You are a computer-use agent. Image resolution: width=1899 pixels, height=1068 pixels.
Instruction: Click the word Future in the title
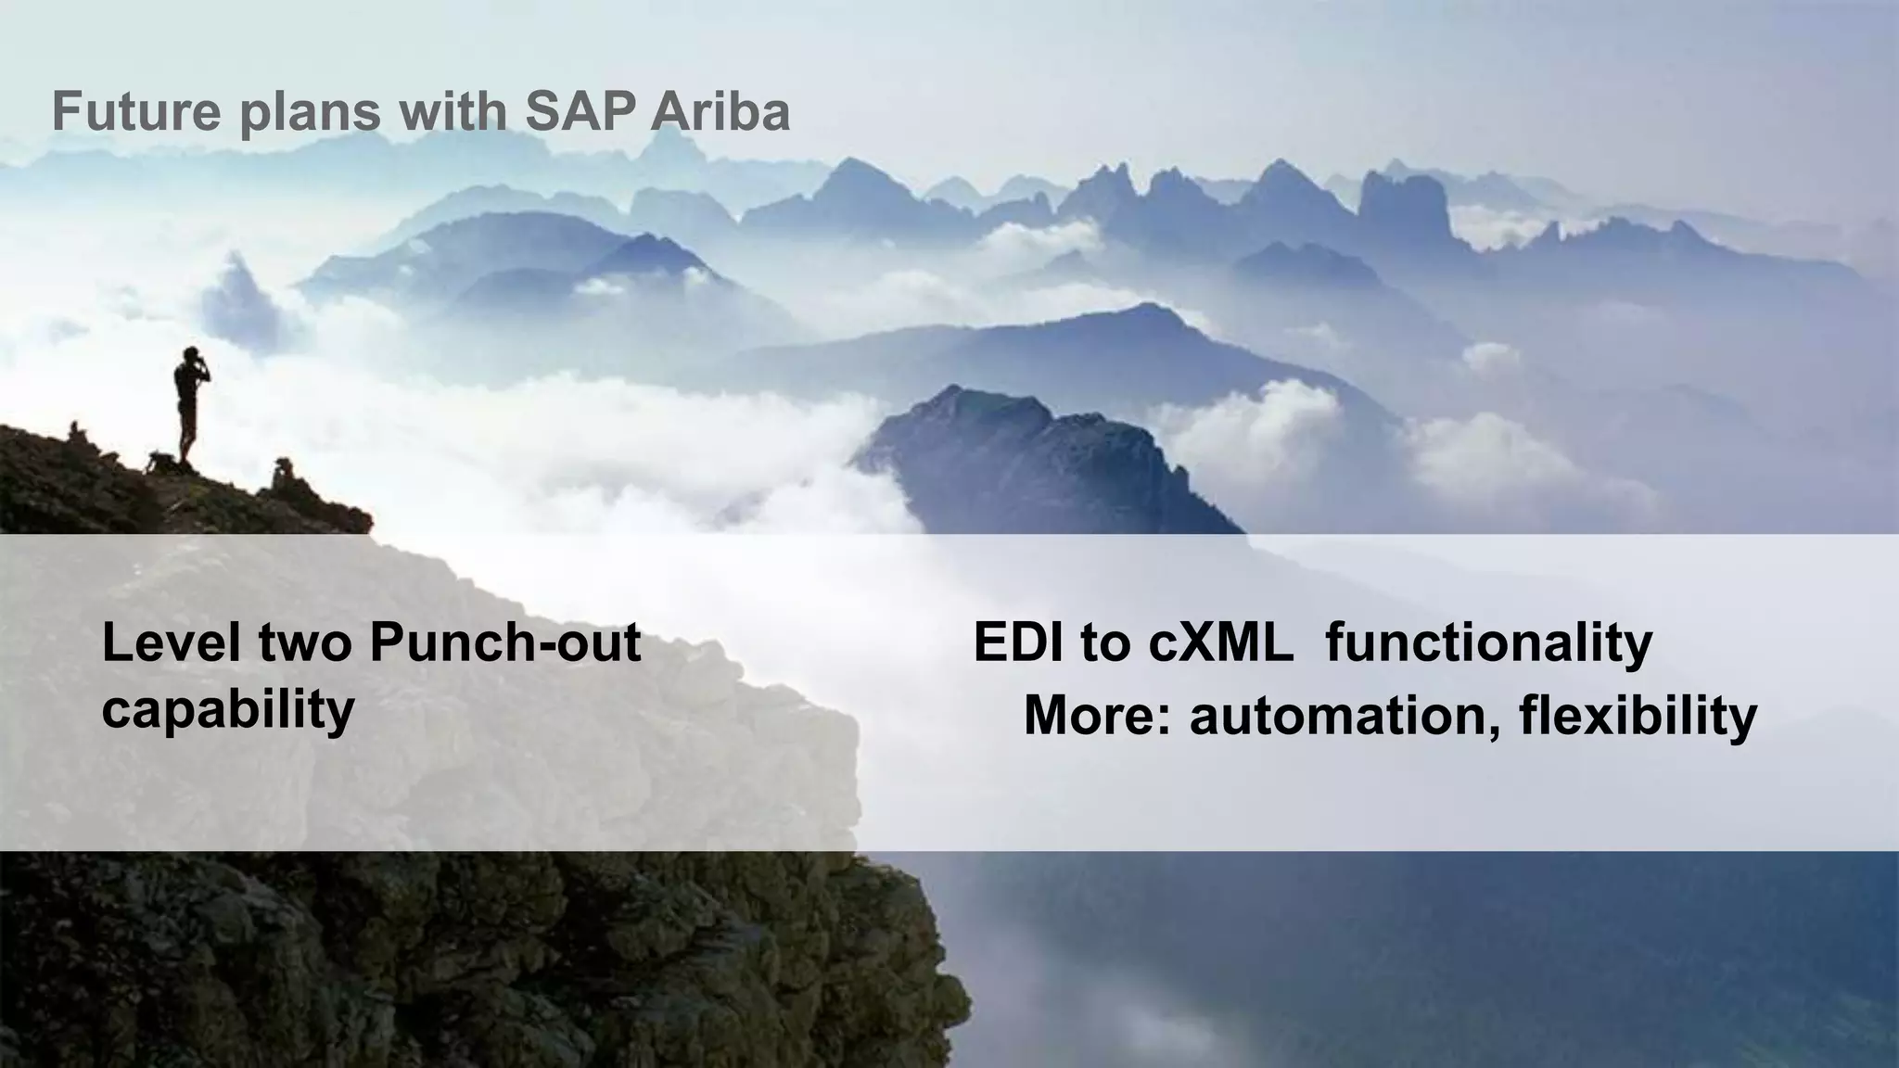coord(136,112)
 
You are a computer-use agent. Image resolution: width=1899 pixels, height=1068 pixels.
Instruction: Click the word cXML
coord(1221,642)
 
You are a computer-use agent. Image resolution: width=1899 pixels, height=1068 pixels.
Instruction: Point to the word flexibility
coord(1638,716)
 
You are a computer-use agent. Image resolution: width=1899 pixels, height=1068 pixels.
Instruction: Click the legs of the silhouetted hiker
coord(188,436)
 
